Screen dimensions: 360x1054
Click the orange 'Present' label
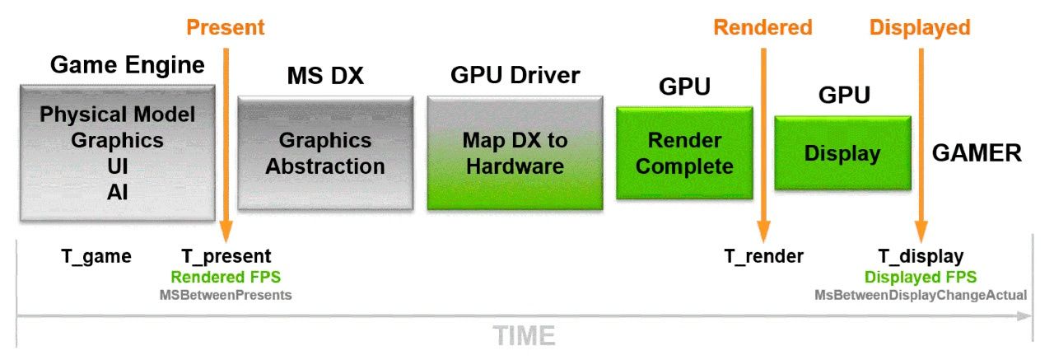225,27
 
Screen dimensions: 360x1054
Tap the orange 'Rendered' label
763,27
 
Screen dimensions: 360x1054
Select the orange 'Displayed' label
920,27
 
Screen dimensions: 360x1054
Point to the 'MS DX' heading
325,77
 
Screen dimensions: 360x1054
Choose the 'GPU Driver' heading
515,76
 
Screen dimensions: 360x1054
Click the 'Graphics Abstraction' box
325,152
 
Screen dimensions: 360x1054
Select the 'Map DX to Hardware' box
515,152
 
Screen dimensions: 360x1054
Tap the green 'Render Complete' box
684,153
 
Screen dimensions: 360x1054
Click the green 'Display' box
842,153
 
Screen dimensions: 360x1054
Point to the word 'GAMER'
977,152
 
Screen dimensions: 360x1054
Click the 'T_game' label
96,256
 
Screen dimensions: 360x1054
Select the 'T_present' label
226,256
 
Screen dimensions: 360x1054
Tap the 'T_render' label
763,256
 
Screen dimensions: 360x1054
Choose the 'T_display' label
920,256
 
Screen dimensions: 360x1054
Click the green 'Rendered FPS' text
226,277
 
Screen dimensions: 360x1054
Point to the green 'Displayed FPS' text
920,277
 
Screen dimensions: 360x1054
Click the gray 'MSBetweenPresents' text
226,294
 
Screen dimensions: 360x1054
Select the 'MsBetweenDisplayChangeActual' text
920,294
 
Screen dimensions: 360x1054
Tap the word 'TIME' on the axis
525,336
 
